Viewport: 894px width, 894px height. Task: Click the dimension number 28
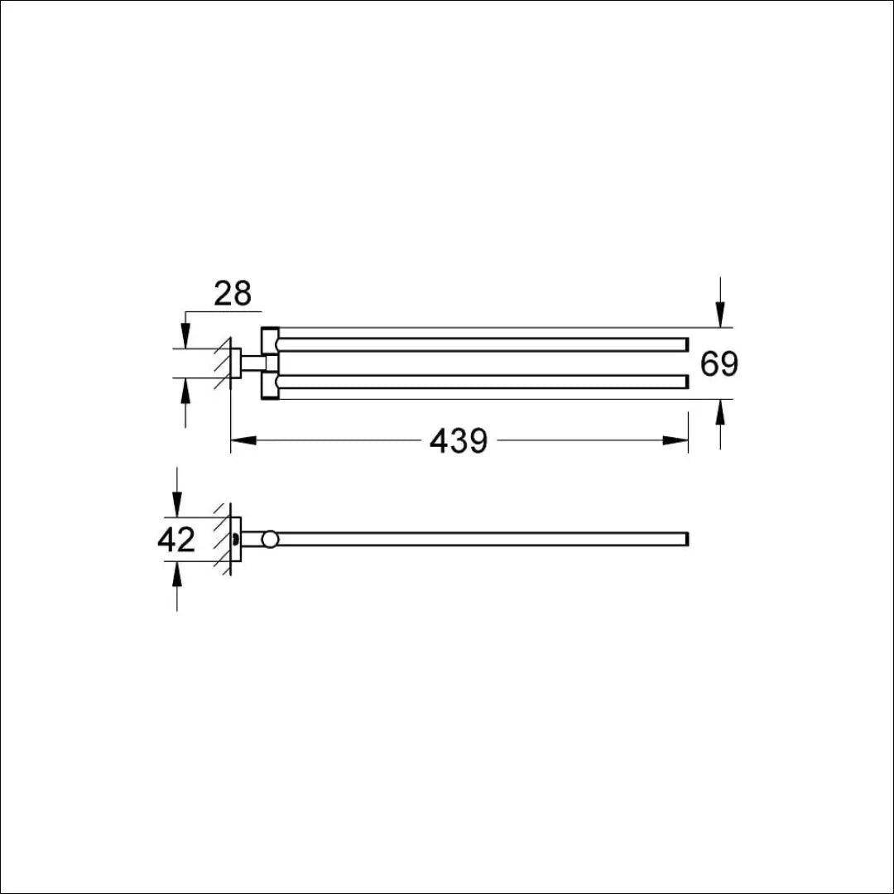(232, 294)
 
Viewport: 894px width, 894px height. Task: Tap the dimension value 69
(719, 363)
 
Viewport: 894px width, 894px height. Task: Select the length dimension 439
(459, 441)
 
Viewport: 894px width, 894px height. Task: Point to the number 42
(176, 540)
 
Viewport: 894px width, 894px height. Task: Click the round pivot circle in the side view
(270, 540)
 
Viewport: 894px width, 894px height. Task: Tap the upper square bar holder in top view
(270, 340)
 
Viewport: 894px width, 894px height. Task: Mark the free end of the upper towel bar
(685, 344)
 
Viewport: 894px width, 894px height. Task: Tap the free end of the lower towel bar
(685, 382)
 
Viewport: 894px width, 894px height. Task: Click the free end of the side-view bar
(685, 539)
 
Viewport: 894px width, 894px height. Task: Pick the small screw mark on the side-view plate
(238, 540)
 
